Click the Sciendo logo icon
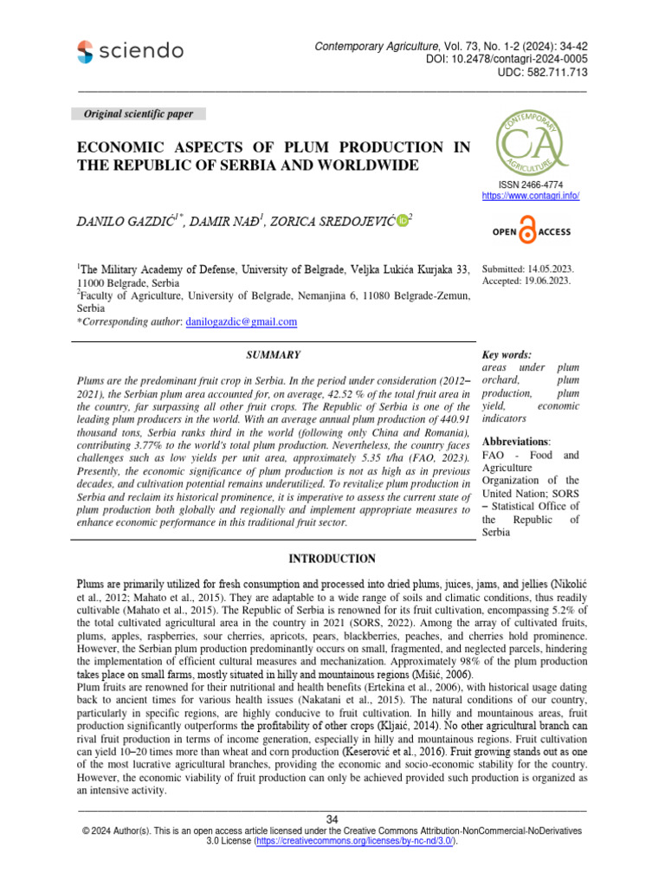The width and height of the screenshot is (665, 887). [x=87, y=51]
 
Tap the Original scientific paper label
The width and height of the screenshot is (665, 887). [x=138, y=114]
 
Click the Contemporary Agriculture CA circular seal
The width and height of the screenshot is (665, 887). [x=530, y=141]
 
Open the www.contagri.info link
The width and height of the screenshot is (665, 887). [x=530, y=197]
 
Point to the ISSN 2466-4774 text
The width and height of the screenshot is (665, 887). [x=530, y=185]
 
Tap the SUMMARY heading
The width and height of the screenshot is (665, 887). [x=274, y=354]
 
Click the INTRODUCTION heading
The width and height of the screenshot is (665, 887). [x=332, y=559]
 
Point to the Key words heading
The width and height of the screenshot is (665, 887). [x=507, y=354]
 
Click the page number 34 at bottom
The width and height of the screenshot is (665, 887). [x=332, y=819]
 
